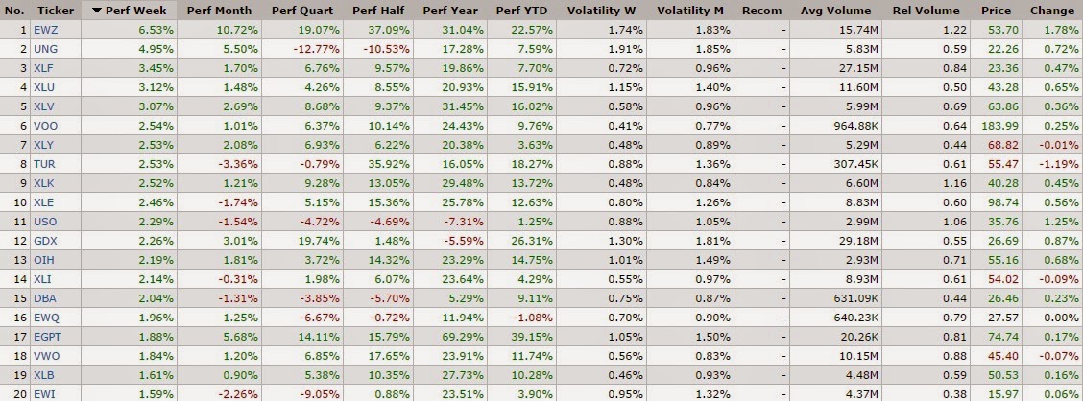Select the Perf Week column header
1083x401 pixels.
135,11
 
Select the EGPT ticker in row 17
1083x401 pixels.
47,339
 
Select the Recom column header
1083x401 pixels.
760,11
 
